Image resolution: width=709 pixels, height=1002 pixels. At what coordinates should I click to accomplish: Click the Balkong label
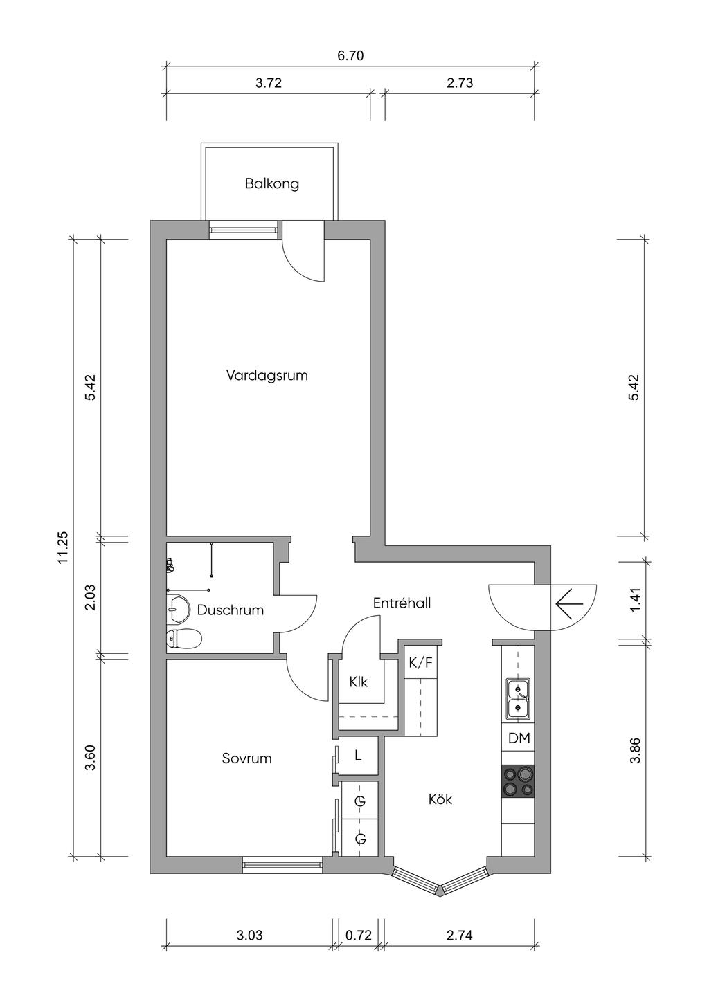tap(271, 184)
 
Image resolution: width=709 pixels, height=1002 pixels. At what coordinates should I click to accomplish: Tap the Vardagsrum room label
tap(267, 375)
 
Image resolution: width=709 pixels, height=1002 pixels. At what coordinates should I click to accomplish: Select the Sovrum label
tap(246, 758)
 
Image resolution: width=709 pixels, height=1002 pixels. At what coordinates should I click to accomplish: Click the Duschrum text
tap(230, 610)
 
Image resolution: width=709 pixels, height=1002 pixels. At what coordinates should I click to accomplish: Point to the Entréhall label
tap(402, 603)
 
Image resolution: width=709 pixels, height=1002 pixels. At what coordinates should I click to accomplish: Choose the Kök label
tap(440, 799)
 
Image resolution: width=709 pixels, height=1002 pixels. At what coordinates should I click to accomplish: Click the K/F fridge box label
tap(421, 662)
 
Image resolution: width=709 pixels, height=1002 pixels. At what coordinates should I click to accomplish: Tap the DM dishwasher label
tap(519, 738)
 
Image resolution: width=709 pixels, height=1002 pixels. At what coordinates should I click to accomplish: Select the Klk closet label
tap(359, 682)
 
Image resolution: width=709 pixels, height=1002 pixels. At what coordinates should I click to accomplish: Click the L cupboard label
tap(358, 756)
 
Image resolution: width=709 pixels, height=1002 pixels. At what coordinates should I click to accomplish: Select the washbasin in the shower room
tap(178, 609)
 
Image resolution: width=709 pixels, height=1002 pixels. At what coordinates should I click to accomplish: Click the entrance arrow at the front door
tap(569, 603)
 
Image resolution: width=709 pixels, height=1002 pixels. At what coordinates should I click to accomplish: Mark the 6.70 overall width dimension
tap(350, 55)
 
